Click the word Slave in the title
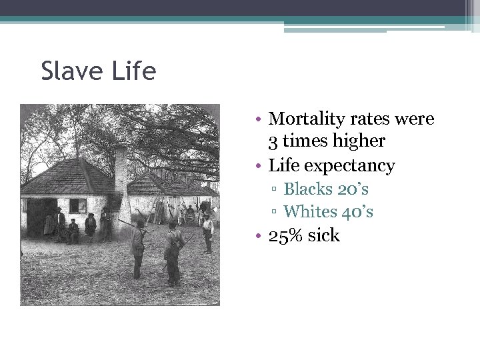pyautogui.click(x=75, y=71)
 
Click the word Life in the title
pyautogui.click(x=135, y=71)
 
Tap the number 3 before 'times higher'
pyautogui.click(x=273, y=142)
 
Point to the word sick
pyautogui.click(x=323, y=235)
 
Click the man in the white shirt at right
pyautogui.click(x=207, y=230)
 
